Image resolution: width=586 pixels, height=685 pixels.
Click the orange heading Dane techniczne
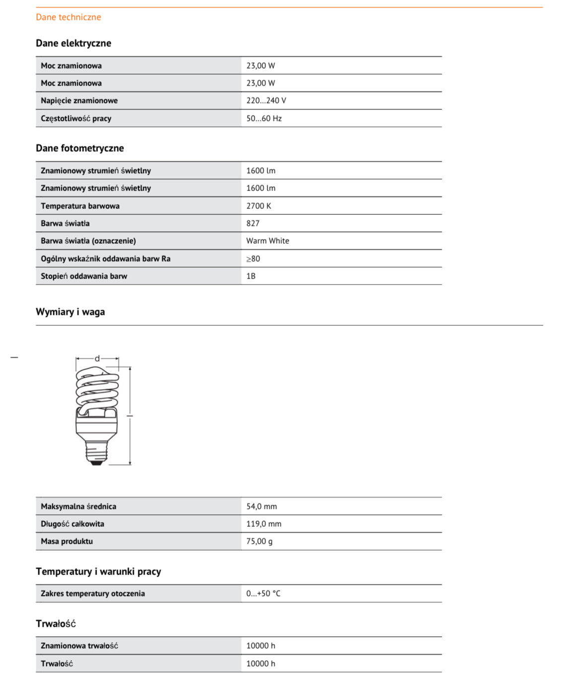click(x=68, y=17)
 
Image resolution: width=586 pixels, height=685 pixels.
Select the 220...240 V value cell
click(x=266, y=100)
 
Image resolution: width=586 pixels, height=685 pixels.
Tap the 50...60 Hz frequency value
click(x=263, y=118)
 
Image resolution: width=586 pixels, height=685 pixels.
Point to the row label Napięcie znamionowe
click(x=79, y=100)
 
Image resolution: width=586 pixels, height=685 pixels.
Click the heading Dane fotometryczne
click(x=80, y=148)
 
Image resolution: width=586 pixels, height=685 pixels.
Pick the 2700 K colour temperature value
click(x=258, y=206)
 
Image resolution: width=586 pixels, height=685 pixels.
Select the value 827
click(x=252, y=223)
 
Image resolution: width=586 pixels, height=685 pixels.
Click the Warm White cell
click(x=267, y=241)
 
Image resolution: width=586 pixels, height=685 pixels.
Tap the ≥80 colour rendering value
click(x=253, y=259)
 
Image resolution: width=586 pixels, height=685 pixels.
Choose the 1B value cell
click(x=251, y=276)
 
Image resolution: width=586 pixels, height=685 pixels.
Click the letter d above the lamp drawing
click(x=97, y=358)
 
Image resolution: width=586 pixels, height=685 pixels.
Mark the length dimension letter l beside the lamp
click(x=128, y=415)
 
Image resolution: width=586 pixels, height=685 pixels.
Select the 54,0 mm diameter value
click(x=261, y=506)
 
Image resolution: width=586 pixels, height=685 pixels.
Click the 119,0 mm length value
click(x=263, y=524)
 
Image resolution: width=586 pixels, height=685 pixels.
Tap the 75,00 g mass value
click(x=259, y=541)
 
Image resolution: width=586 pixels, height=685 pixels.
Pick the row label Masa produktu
click(x=67, y=541)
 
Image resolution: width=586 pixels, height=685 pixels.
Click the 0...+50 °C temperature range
click(x=263, y=593)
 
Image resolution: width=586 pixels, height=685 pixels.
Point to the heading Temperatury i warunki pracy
click(x=98, y=572)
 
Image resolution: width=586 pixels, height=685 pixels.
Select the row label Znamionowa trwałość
click(x=79, y=646)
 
